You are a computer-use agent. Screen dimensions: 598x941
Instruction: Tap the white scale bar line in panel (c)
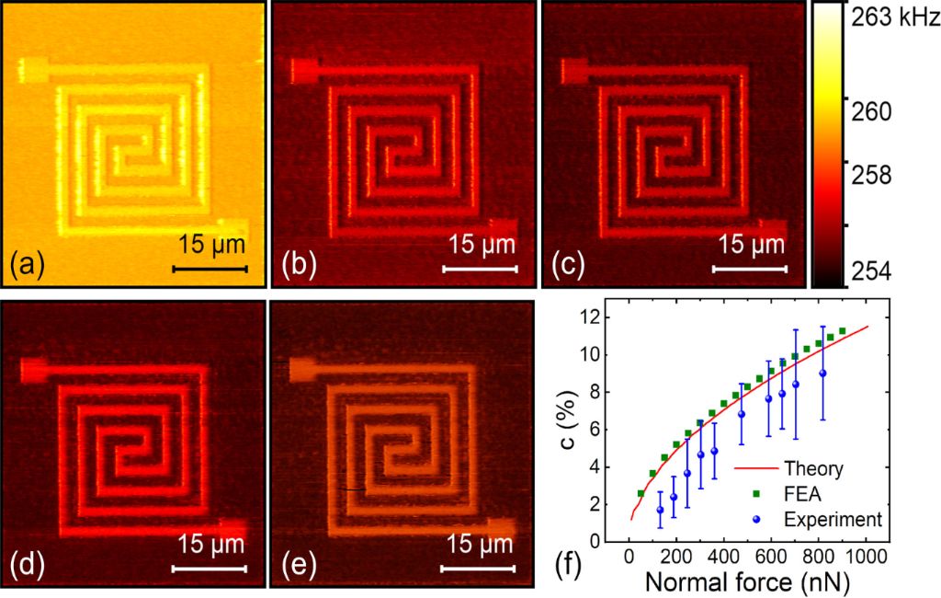pos(750,269)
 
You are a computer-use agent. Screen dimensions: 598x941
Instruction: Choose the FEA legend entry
pos(810,494)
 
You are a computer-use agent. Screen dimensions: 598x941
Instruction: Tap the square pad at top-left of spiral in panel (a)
pos(33,67)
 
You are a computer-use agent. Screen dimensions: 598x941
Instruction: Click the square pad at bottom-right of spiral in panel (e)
pos(501,527)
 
